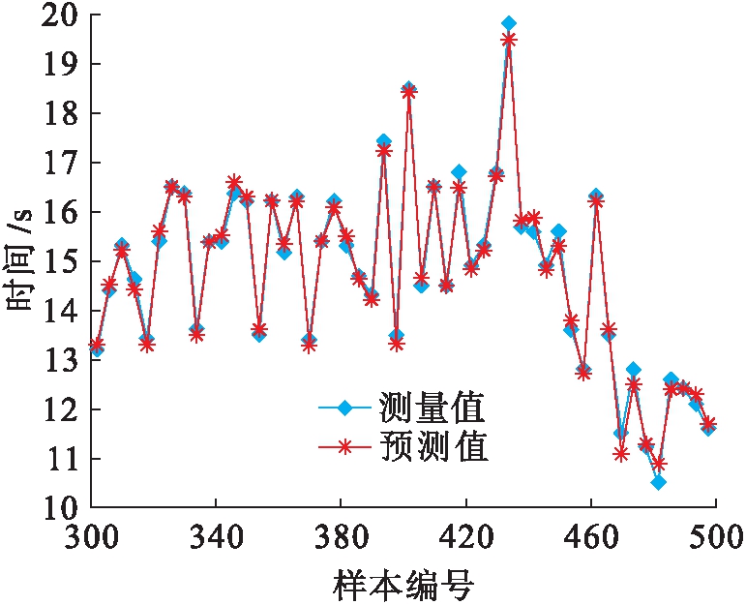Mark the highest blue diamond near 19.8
509,23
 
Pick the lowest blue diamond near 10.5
658,482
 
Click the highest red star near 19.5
509,40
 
